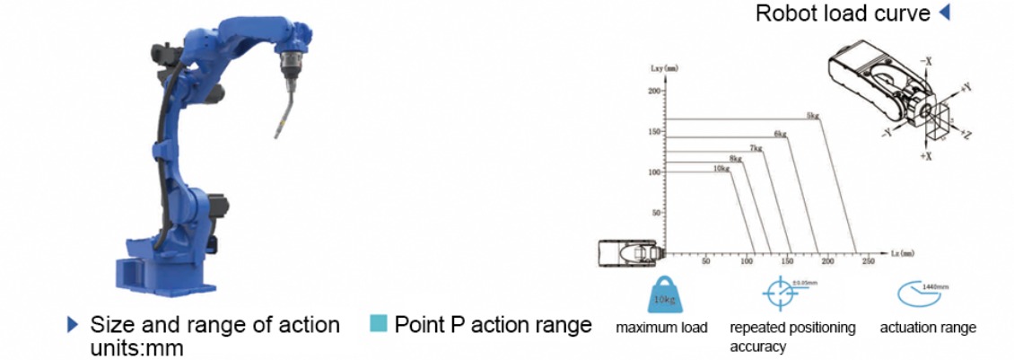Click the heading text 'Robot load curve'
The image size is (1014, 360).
842,13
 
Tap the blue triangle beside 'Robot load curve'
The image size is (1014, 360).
943,13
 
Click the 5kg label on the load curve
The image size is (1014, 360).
812,115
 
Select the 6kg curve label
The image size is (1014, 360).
780,134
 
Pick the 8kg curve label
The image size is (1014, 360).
736,159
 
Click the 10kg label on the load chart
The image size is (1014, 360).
721,169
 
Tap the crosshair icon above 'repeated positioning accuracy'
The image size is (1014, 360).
776,293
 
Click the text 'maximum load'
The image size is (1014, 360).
661,328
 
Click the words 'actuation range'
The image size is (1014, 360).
928,328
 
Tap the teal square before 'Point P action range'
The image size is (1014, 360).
379,324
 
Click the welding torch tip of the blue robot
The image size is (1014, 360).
277,136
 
